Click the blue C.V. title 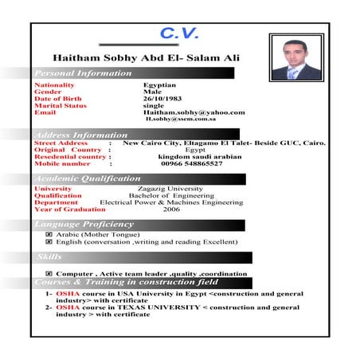click(184, 34)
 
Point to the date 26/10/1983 click(164, 98)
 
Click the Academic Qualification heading click(88, 179)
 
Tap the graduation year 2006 click(171, 209)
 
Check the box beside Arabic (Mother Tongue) click(49, 235)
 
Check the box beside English click(49, 242)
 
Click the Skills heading click(49, 257)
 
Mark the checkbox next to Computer click(49, 274)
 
